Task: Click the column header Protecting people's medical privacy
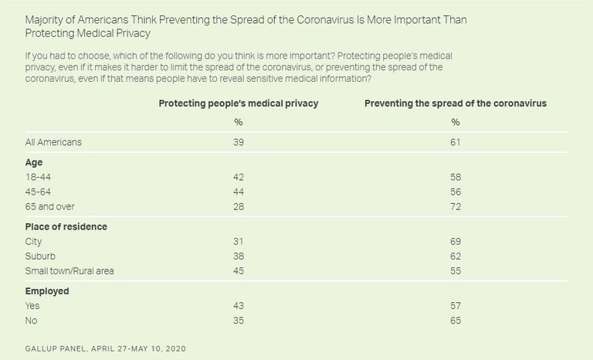[x=237, y=103]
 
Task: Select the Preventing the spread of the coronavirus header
[x=455, y=103]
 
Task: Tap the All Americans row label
[x=53, y=142]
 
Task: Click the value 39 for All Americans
[x=238, y=142]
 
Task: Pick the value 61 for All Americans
[x=455, y=142]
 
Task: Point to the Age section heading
[x=34, y=163]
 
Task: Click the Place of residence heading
[x=66, y=227]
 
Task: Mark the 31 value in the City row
[x=238, y=240]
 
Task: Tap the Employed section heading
[x=47, y=291]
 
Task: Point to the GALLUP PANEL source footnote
[x=106, y=348]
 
